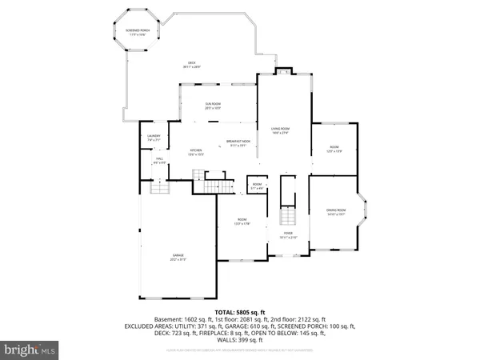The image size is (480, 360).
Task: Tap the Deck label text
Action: tap(192, 65)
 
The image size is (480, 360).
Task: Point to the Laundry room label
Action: tap(154, 138)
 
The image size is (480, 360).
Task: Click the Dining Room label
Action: tap(335, 212)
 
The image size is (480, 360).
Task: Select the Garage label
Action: tap(177, 257)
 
